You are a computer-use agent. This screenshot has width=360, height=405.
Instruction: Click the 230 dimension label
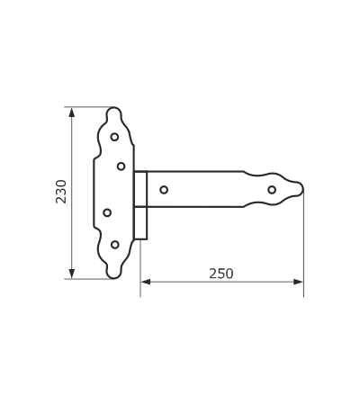(x=61, y=192)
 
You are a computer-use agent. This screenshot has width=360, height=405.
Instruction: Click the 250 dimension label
(x=221, y=274)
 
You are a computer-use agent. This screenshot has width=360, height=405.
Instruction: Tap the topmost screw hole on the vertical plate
(x=114, y=137)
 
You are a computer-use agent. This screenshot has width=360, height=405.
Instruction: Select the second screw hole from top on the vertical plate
(x=121, y=166)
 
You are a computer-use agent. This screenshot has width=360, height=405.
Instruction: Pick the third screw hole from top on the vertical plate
(x=107, y=212)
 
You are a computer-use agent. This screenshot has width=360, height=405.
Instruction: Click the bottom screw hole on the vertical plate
(x=115, y=245)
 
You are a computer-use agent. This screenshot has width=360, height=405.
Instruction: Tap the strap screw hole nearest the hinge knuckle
(x=164, y=190)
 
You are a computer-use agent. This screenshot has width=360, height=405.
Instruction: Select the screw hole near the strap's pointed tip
(x=272, y=190)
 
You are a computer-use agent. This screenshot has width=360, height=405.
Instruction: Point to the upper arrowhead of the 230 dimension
(x=71, y=112)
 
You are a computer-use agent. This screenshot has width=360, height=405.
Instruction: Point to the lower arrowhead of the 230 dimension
(x=71, y=273)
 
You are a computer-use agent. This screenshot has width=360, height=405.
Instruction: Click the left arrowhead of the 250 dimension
(x=146, y=282)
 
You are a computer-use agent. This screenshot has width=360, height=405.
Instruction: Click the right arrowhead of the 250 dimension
(x=298, y=282)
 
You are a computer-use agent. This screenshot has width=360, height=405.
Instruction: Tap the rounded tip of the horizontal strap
(x=301, y=189)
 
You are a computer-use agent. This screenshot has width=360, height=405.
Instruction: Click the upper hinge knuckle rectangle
(x=140, y=189)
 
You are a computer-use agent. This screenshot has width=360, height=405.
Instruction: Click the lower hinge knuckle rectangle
(x=140, y=223)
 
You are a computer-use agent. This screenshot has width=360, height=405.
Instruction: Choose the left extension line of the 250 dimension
(x=140, y=268)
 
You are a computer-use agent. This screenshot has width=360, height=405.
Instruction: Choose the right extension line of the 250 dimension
(x=303, y=244)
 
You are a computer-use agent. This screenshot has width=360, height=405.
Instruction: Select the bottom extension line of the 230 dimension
(x=88, y=279)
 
